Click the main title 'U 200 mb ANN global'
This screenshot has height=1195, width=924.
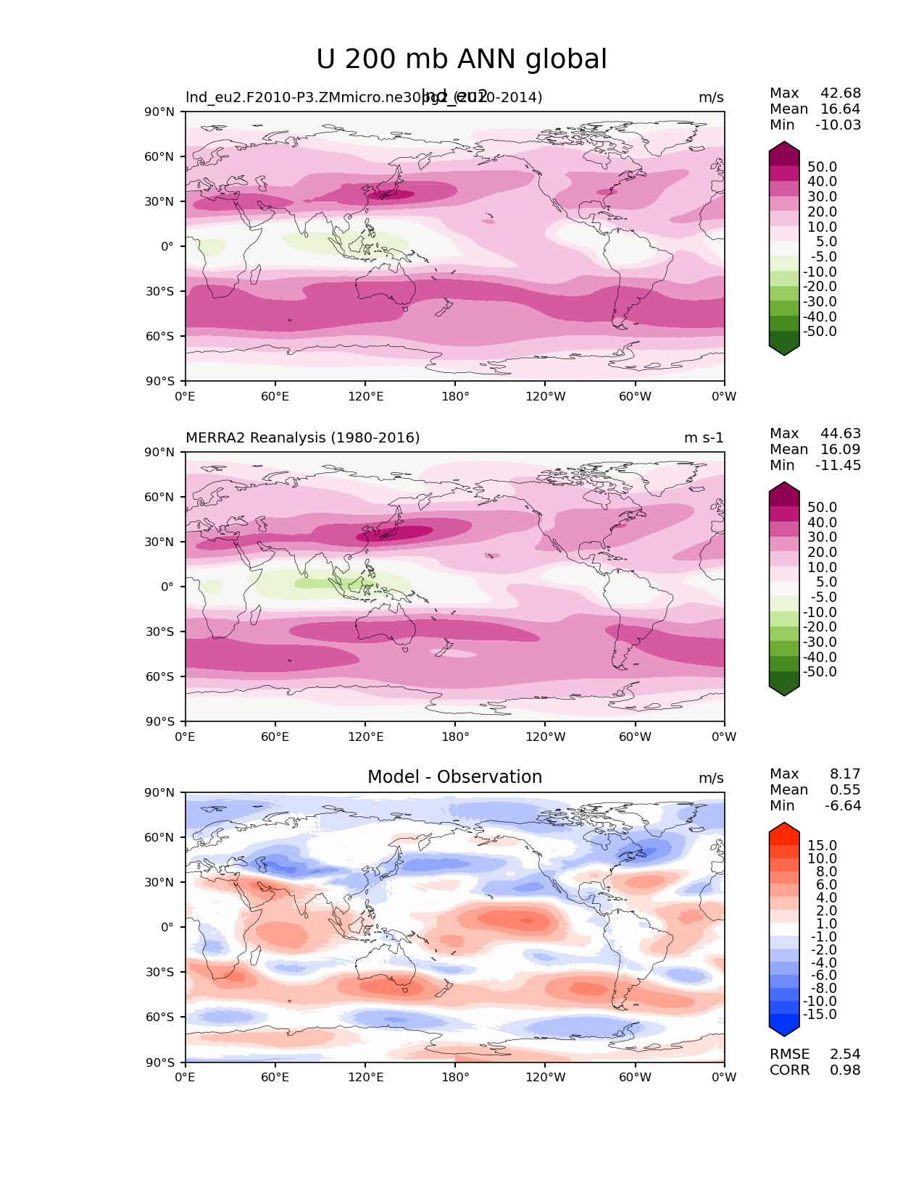click(462, 59)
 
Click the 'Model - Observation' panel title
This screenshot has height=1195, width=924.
click(454, 777)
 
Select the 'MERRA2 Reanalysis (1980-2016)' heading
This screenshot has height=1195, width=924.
click(302, 437)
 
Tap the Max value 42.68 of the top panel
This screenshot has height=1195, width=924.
click(841, 93)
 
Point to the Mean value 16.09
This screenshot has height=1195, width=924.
click(841, 449)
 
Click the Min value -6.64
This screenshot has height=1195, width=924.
click(843, 805)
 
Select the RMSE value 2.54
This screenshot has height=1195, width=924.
click(845, 1054)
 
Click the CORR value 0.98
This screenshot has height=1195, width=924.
click(845, 1070)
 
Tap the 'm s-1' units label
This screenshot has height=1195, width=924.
click(704, 437)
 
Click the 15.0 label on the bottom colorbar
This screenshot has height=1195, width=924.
click(822, 845)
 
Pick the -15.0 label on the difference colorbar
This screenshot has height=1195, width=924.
click(820, 1014)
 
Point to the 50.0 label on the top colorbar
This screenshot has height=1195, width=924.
click(822, 167)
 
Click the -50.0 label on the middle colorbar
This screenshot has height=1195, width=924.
click(820, 671)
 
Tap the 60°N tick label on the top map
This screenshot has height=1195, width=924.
click(162, 156)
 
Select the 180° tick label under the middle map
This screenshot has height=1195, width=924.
click(455, 737)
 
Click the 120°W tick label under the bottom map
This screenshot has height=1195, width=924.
click(545, 1077)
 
